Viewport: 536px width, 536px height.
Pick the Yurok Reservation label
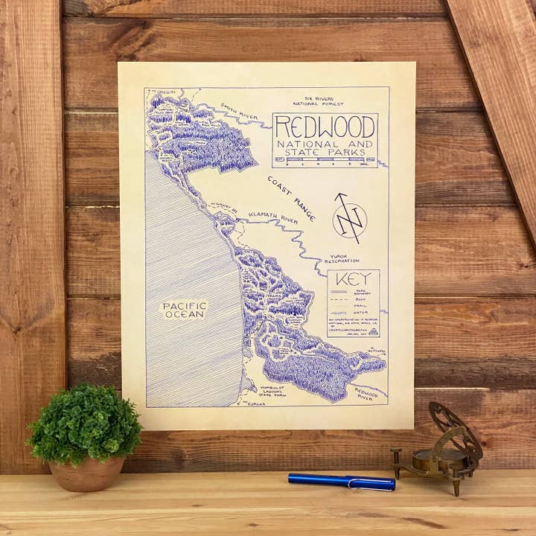[x=342, y=261]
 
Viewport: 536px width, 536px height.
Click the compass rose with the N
[x=349, y=220]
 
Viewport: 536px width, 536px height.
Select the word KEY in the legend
[x=353, y=281]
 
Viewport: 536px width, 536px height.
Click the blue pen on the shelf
[x=341, y=482]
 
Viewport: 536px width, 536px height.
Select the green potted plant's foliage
[x=84, y=423]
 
